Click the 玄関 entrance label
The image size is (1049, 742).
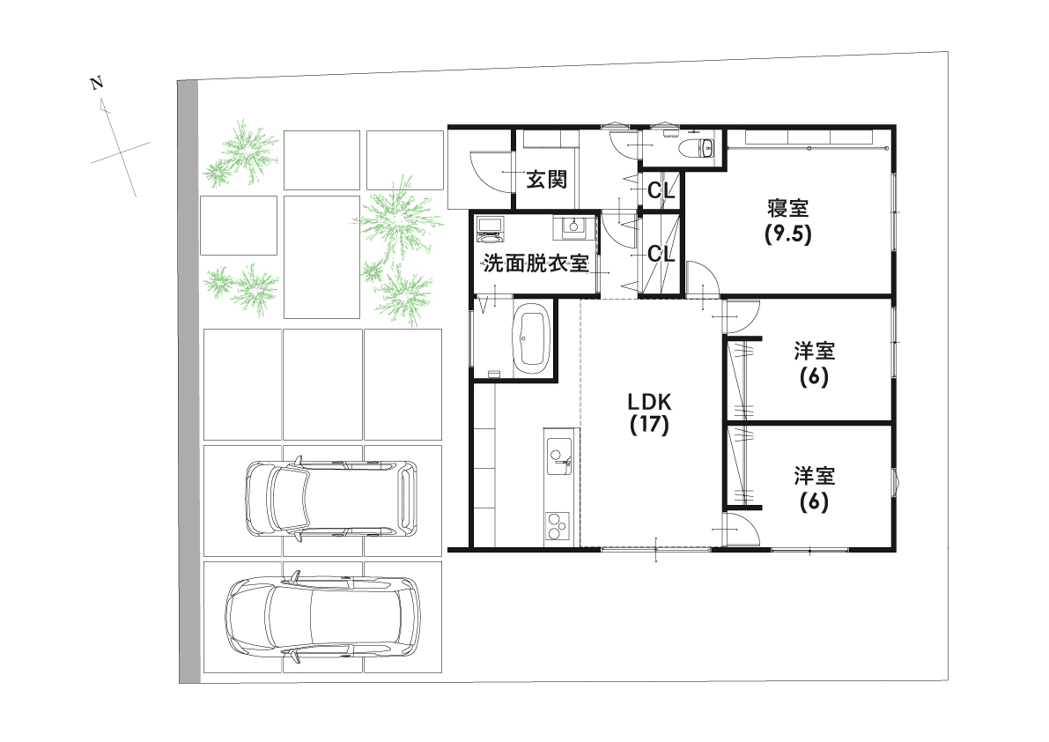tap(546, 180)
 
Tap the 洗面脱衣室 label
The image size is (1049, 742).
tap(536, 263)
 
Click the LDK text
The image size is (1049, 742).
tap(649, 402)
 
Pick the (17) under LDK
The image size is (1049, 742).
tap(649, 426)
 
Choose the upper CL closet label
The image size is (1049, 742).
tap(661, 190)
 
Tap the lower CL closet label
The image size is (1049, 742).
tap(661, 254)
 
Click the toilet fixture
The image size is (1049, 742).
tap(702, 147)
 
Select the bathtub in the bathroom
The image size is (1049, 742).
tap(531, 338)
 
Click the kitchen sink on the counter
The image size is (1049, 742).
tap(558, 457)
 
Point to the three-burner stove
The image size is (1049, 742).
tap(558, 526)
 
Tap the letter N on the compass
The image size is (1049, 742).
tap(97, 84)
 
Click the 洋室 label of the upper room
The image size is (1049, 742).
tap(814, 351)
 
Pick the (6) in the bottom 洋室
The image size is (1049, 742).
tap(814, 502)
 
